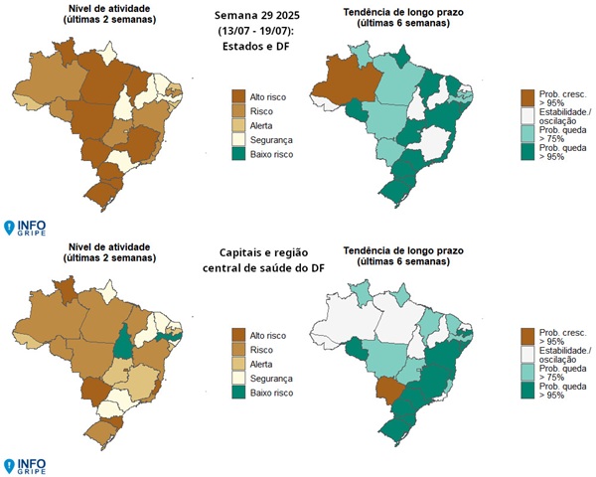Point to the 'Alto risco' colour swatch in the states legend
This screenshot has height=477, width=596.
(238, 95)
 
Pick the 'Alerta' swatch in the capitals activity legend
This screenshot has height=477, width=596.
(238, 366)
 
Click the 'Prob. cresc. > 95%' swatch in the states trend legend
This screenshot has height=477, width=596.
(527, 95)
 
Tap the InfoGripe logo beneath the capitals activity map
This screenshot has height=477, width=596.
(24, 465)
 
